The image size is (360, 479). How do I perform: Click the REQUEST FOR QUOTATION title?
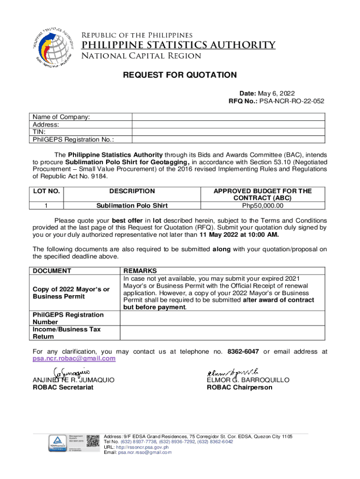coord(180,75)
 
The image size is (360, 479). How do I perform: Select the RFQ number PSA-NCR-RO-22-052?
coord(293,101)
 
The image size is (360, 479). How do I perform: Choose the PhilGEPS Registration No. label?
coord(73,139)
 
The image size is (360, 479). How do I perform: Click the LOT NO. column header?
coord(46,191)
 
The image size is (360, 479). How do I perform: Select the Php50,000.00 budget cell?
coord(262,205)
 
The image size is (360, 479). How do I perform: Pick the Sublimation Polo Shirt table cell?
coord(132,205)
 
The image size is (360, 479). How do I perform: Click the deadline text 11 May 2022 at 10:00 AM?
coord(239,235)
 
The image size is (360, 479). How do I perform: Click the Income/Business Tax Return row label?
coord(66,333)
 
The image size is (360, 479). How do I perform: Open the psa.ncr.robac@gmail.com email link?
coord(73,358)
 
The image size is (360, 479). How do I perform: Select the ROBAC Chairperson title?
coord(239,387)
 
